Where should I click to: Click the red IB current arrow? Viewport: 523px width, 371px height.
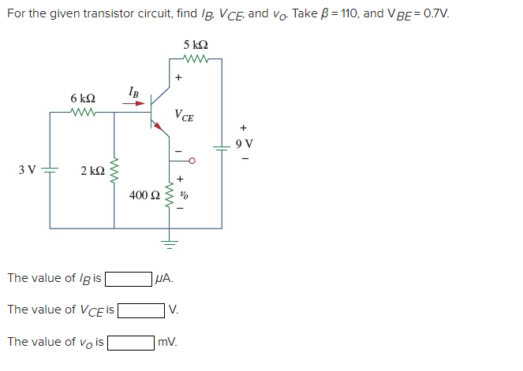pos(133,102)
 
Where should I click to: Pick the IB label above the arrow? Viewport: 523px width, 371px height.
pos(134,91)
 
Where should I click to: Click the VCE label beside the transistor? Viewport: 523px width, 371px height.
pos(185,116)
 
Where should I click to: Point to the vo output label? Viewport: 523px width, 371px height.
pos(184,193)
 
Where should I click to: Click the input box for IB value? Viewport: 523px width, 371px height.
pos(129,278)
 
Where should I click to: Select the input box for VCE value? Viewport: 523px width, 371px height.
pos(141,310)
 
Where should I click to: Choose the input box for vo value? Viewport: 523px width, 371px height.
pos(131,342)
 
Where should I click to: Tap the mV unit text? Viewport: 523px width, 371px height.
pos(167,342)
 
